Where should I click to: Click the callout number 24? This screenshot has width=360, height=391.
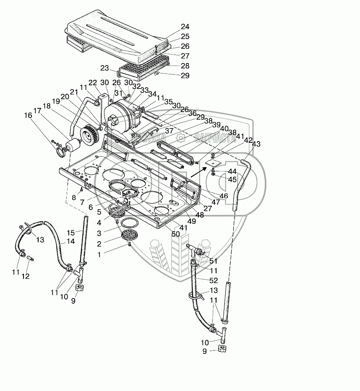[x=185, y=27]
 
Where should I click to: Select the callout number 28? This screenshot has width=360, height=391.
[x=185, y=66]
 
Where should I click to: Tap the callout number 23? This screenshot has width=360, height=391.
[x=104, y=68]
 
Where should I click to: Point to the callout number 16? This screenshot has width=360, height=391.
[x=28, y=115]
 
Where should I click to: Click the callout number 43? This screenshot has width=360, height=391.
[x=256, y=144]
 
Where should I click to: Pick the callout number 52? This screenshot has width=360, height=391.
[x=214, y=280]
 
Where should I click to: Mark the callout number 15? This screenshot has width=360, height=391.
[x=71, y=233]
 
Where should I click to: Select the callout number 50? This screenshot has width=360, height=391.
[x=175, y=234]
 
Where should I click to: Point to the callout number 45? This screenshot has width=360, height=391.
[x=232, y=179]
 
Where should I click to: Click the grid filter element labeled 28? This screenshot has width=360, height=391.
[x=145, y=68]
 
